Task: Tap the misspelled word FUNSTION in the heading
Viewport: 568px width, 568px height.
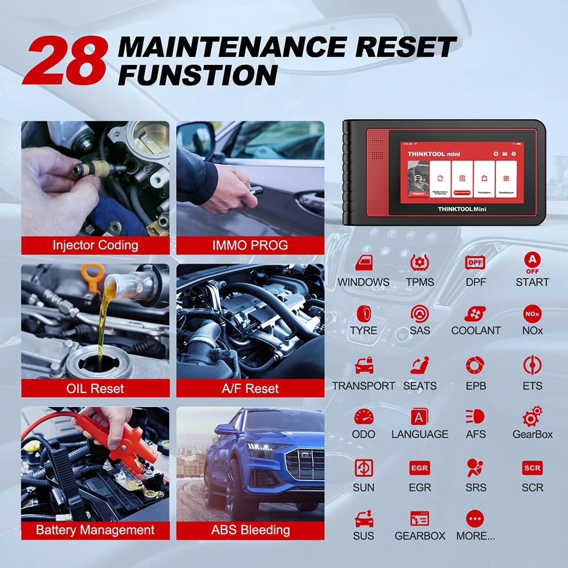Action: pos(197,75)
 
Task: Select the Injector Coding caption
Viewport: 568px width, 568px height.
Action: pos(95,245)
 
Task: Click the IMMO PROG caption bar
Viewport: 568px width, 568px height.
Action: pos(250,245)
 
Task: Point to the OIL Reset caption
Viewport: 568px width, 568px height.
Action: pos(95,389)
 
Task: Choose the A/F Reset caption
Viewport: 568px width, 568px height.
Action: pos(250,389)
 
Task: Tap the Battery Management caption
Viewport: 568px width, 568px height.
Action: pos(95,530)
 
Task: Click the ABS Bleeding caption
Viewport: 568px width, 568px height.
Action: pos(250,530)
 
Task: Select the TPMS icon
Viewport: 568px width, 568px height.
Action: pos(420,263)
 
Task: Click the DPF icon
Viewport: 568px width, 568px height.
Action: pos(475,263)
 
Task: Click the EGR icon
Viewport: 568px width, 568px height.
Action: pos(420,468)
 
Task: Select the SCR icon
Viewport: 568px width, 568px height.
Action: pos(532,468)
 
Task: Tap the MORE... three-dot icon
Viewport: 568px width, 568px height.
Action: pos(475,518)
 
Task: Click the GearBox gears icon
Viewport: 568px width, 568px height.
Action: pos(532,416)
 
